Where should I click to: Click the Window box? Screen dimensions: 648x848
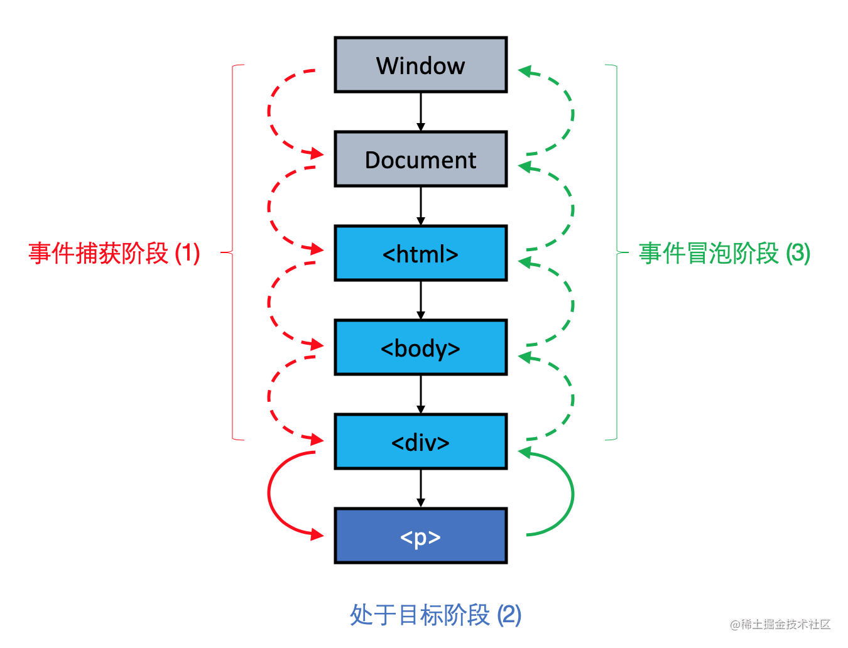click(x=420, y=65)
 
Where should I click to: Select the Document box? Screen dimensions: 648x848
click(x=420, y=159)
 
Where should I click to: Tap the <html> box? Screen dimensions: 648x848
click(x=420, y=254)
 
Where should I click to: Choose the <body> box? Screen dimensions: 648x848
click(x=420, y=348)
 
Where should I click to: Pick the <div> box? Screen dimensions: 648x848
click(x=420, y=442)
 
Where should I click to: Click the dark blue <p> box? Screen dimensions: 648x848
click(x=420, y=536)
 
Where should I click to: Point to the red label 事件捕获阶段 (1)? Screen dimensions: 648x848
click(x=114, y=254)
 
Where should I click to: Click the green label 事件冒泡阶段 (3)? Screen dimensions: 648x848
click(x=724, y=254)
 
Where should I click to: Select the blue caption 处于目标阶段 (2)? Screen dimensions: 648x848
click(x=435, y=615)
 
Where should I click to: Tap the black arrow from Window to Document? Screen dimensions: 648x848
click(x=420, y=112)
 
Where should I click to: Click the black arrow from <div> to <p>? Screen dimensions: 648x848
click(x=420, y=489)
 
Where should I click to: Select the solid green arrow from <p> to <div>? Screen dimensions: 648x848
click(x=572, y=494)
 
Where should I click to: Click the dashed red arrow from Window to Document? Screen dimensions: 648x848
click(x=269, y=113)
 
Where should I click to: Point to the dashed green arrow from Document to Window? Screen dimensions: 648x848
click(x=572, y=113)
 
